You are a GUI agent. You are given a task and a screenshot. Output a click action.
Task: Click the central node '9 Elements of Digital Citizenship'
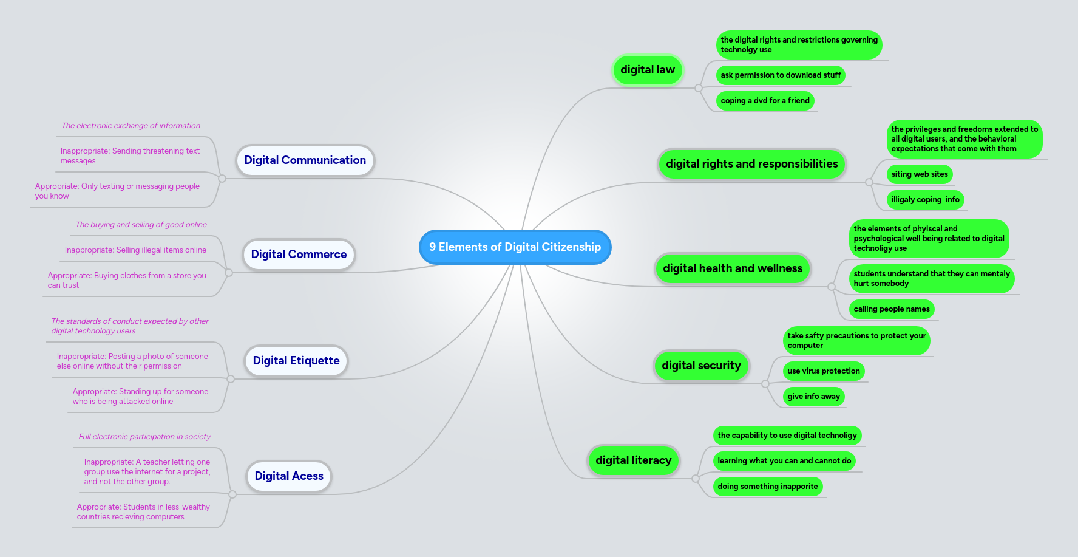coord(515,247)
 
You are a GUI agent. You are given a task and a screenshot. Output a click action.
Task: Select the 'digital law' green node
coord(647,70)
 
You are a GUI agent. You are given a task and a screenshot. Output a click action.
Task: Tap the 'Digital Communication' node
coord(305,160)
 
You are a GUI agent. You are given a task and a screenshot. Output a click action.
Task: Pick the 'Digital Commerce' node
coord(299,255)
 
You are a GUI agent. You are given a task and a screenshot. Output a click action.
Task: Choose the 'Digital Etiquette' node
coord(296,361)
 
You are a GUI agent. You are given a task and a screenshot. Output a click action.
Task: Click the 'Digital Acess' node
coord(289,476)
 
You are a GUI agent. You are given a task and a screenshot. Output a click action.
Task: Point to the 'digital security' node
coord(701,366)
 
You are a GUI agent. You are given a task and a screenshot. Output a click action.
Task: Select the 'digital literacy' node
coord(633,460)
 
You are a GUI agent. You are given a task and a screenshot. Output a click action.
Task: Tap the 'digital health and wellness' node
coord(732,268)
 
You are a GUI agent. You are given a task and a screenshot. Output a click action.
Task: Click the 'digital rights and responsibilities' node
coord(751,164)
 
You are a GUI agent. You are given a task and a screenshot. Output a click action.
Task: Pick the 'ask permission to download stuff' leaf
coord(781,75)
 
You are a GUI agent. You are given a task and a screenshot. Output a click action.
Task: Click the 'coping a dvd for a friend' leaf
coord(765,101)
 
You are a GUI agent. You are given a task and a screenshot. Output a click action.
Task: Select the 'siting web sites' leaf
coord(919,174)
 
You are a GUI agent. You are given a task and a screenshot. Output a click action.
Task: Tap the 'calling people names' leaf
coord(891,309)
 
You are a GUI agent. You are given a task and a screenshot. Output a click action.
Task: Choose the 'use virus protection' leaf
coord(823,371)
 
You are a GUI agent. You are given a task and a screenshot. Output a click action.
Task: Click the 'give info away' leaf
coord(813,397)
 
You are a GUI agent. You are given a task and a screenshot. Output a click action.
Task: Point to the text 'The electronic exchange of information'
coord(131,126)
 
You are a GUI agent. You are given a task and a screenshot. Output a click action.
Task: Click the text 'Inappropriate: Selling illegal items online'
coord(135,250)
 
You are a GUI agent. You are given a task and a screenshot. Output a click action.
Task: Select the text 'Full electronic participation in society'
coord(144,437)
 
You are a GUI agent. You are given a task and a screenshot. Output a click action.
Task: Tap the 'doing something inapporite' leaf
coord(767,487)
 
